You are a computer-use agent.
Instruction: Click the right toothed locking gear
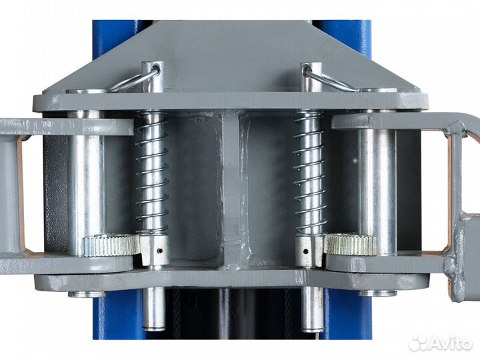[351, 244]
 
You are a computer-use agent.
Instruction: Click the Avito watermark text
[450, 343]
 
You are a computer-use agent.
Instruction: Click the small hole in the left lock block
[159, 251]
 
